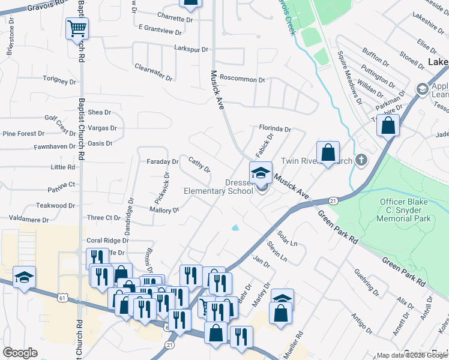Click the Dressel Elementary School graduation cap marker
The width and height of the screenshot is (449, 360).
[261, 173]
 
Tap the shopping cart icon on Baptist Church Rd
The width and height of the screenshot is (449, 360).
[77, 28]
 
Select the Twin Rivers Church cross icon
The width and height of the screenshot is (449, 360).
[360, 160]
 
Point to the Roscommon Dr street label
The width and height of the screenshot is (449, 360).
[243, 79]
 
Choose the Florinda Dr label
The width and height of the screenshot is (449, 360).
[275, 128]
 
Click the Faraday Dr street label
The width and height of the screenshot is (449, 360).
[163, 162]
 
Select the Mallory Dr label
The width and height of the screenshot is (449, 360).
[165, 210]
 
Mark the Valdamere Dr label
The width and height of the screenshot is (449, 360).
[29, 220]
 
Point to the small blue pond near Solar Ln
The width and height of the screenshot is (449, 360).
[235, 228]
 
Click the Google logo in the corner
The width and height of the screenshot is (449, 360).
[20, 352]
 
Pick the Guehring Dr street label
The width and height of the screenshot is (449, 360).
[367, 283]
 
